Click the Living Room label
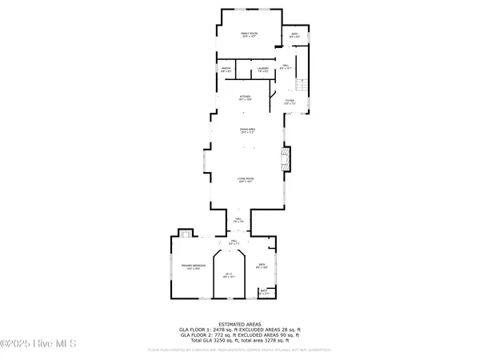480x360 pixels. click(x=245, y=180)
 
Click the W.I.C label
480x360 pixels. click(x=228, y=275)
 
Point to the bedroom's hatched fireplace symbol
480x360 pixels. click(x=186, y=234)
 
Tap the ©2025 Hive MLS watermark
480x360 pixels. click(x=38, y=344)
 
